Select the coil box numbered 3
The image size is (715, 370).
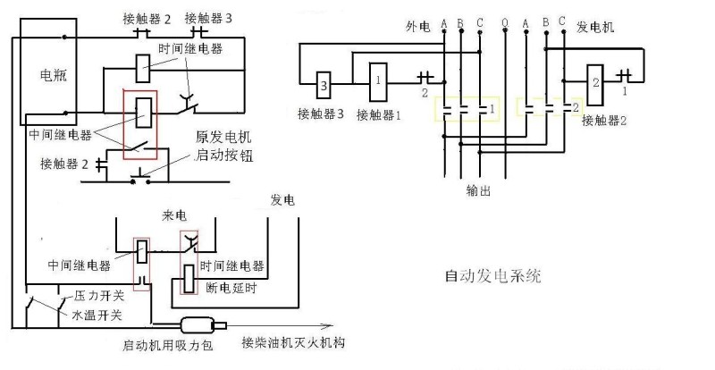tap(324, 88)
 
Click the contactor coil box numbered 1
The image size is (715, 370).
tap(380, 80)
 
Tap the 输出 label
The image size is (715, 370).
tap(479, 190)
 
